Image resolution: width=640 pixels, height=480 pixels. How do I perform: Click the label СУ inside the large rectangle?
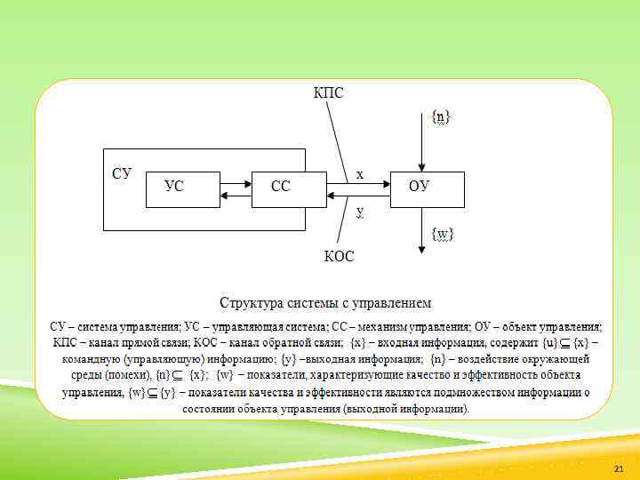tap(122, 173)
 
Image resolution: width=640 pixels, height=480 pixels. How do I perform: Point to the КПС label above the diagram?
tap(328, 92)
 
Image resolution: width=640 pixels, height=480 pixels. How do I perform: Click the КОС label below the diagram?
tap(338, 257)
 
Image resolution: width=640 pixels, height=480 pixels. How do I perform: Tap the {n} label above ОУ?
tap(440, 116)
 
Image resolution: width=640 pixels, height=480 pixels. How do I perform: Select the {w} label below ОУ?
tap(442, 234)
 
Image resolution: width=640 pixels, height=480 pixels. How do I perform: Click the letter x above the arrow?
tap(359, 175)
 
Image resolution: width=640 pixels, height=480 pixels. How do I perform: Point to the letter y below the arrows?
tap(360, 211)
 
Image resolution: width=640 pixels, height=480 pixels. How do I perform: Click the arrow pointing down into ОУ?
tap(423, 142)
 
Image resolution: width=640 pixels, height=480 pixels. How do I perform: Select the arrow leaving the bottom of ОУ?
tap(423, 229)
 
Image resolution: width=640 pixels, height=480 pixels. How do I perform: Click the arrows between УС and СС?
tap(236, 189)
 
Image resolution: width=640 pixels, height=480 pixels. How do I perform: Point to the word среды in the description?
tap(86, 375)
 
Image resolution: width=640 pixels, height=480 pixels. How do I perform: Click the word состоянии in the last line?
tap(212, 409)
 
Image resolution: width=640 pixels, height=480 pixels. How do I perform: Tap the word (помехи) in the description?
tap(128, 375)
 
